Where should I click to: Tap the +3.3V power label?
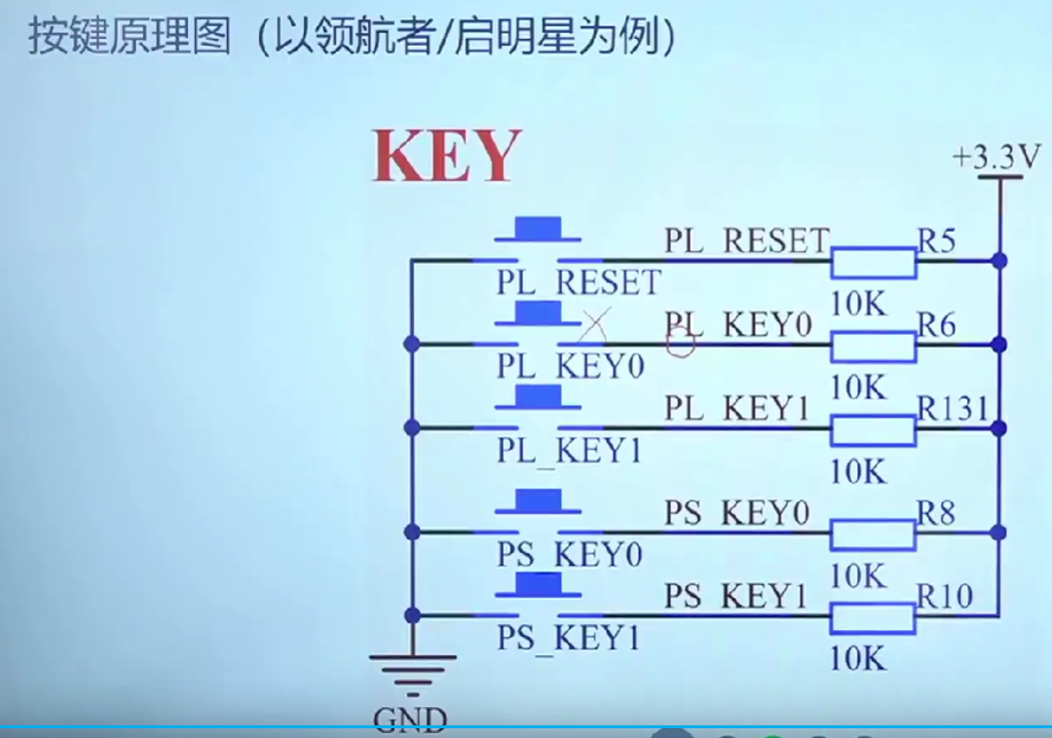pyautogui.click(x=996, y=156)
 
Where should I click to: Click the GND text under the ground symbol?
pyautogui.click(x=410, y=720)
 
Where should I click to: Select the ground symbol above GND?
pyautogui.click(x=411, y=672)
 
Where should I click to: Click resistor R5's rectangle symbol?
pyautogui.click(x=873, y=262)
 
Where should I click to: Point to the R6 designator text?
pyautogui.click(x=936, y=324)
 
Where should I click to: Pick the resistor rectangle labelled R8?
pyautogui.click(x=873, y=534)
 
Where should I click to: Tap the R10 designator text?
pyautogui.click(x=945, y=595)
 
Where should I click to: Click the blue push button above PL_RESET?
pyautogui.click(x=530, y=230)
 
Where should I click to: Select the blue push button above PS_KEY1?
pyautogui.click(x=530, y=586)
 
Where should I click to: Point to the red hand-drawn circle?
pyautogui.click(x=682, y=341)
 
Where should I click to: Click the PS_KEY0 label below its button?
pyautogui.click(x=570, y=555)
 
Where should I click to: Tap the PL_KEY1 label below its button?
pyautogui.click(x=570, y=451)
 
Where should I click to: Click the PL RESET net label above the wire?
pyautogui.click(x=746, y=240)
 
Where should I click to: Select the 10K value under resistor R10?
pyautogui.click(x=858, y=659)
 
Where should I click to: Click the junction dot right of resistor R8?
pyautogui.click(x=997, y=533)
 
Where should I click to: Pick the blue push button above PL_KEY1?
pyautogui.click(x=530, y=397)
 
